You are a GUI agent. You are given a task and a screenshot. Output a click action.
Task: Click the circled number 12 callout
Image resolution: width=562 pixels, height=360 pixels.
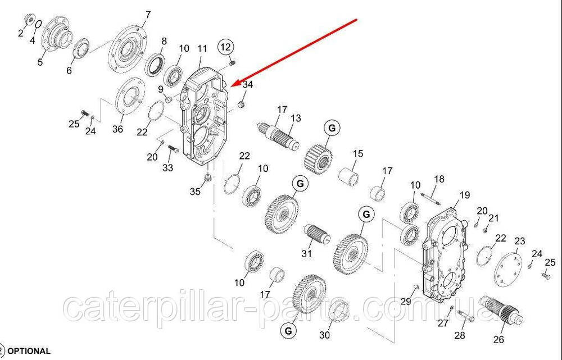click(x=225, y=47)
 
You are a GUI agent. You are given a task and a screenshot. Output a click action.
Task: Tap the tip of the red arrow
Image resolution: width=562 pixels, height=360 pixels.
click(x=231, y=86)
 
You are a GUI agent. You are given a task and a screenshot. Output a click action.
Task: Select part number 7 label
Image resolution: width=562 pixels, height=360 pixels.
click(x=148, y=15)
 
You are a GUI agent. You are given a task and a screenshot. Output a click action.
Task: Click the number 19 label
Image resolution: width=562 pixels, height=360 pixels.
click(x=465, y=195)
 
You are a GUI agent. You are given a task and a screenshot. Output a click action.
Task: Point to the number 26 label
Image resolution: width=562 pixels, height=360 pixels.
click(x=498, y=339)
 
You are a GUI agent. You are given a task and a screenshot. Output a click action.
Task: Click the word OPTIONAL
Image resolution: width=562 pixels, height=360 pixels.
click(x=29, y=351)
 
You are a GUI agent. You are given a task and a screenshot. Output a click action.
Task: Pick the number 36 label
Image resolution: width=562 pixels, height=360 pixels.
click(x=118, y=129)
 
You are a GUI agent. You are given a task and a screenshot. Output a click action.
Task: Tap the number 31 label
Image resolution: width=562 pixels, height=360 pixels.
click(x=306, y=254)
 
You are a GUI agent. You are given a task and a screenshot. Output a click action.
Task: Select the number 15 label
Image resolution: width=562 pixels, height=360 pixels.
click(x=357, y=154)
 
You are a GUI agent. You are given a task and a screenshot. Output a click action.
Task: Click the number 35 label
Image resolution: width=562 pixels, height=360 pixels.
click(x=195, y=192)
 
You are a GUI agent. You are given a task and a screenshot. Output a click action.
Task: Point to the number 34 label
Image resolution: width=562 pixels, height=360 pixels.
click(x=248, y=85)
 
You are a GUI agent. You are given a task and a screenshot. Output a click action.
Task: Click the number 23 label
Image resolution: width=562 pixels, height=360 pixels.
click(x=519, y=241)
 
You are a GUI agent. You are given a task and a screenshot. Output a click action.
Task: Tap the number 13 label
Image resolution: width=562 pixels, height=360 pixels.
click(x=296, y=118)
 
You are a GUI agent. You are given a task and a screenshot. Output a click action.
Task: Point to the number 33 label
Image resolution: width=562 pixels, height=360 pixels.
click(x=167, y=167)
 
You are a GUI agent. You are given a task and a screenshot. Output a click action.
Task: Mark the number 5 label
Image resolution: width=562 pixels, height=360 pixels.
click(x=40, y=62)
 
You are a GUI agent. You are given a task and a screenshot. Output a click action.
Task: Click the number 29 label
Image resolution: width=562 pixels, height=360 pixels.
click(x=406, y=302)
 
